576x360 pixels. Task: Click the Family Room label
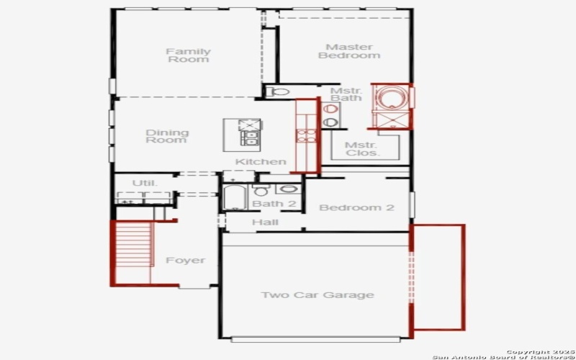(189, 55)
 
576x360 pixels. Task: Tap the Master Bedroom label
(348, 51)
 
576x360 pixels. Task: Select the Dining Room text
(167, 136)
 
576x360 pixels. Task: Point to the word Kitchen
(261, 162)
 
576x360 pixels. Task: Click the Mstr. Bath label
(346, 94)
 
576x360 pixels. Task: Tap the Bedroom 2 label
(356, 208)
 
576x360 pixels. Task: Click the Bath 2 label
(274, 204)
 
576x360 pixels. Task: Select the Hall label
(265, 222)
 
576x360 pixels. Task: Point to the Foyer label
(185, 260)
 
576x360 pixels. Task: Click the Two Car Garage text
(317, 295)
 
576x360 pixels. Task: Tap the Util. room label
(144, 184)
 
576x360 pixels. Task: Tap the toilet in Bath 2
(261, 192)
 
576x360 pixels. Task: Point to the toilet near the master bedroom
(279, 92)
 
